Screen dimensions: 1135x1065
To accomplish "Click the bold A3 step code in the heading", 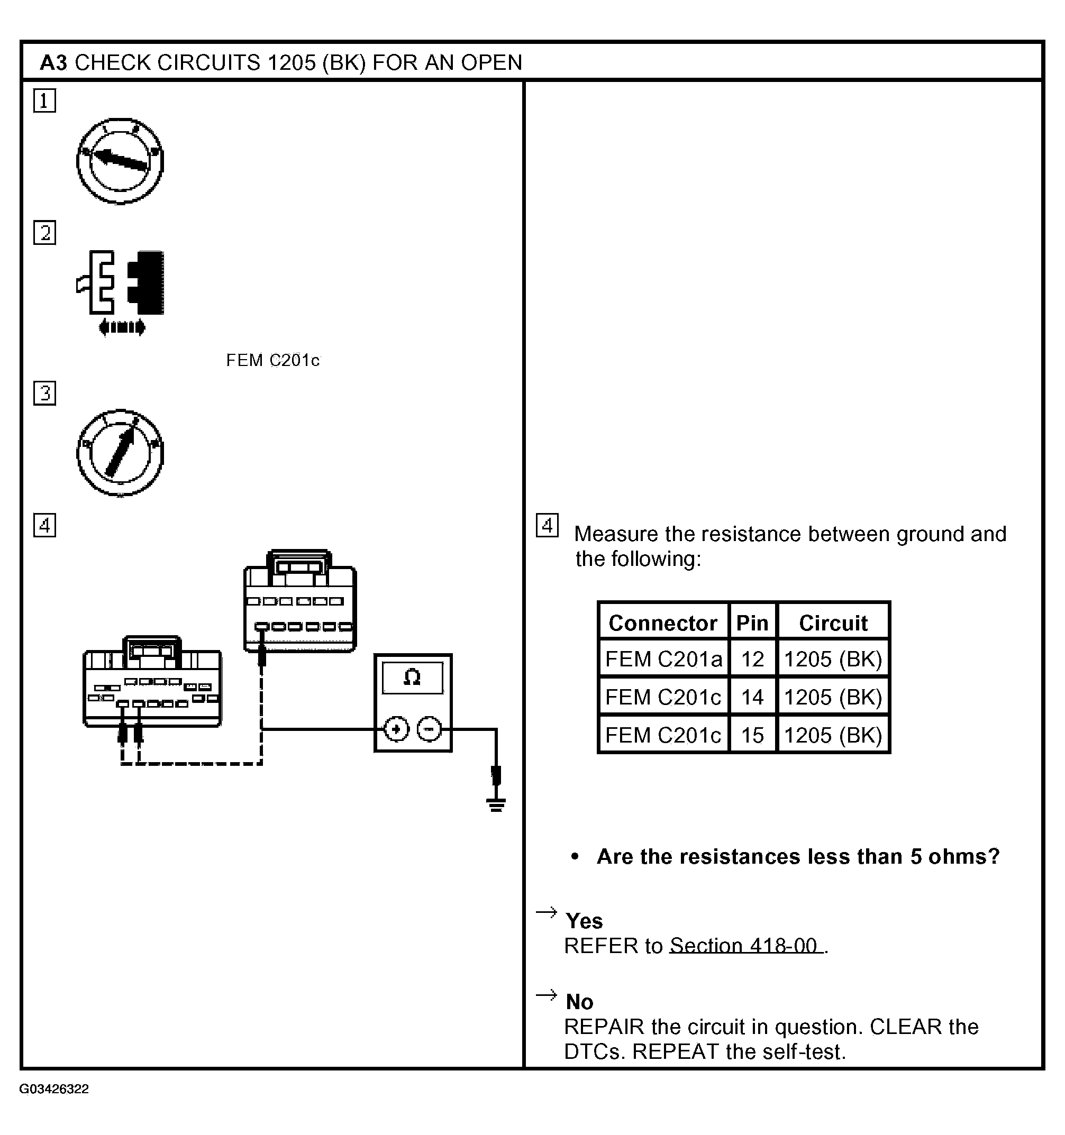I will pos(53,63).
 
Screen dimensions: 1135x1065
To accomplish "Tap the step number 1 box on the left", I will pos(44,100).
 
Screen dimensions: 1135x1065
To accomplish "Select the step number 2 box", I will pos(44,233).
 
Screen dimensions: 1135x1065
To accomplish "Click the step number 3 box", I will pos(44,393).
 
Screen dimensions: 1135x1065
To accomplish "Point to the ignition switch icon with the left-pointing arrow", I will pos(120,161).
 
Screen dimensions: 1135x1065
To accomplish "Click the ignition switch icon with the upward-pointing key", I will pos(120,453).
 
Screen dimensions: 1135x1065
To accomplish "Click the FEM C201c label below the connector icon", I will pos(272,360).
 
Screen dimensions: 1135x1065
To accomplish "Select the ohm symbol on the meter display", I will pos(412,678).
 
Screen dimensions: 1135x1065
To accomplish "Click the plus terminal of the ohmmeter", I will pos(396,729).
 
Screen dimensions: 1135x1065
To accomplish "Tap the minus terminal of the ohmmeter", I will pos(430,729).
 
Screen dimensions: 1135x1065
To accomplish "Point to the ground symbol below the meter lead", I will pos(496,805).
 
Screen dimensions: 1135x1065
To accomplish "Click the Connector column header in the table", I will pos(663,623).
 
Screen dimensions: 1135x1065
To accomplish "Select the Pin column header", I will pos(752,623).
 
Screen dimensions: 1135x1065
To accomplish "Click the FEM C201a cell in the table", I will pos(663,659).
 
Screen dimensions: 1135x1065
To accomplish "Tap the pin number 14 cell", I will pos(752,697).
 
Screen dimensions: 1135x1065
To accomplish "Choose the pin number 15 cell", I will pos(752,735).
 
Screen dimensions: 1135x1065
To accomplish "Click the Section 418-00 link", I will pos(746,946).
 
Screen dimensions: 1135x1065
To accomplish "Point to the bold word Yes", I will pos(584,921).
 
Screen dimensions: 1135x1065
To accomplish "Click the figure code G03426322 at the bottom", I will pos(54,1089).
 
